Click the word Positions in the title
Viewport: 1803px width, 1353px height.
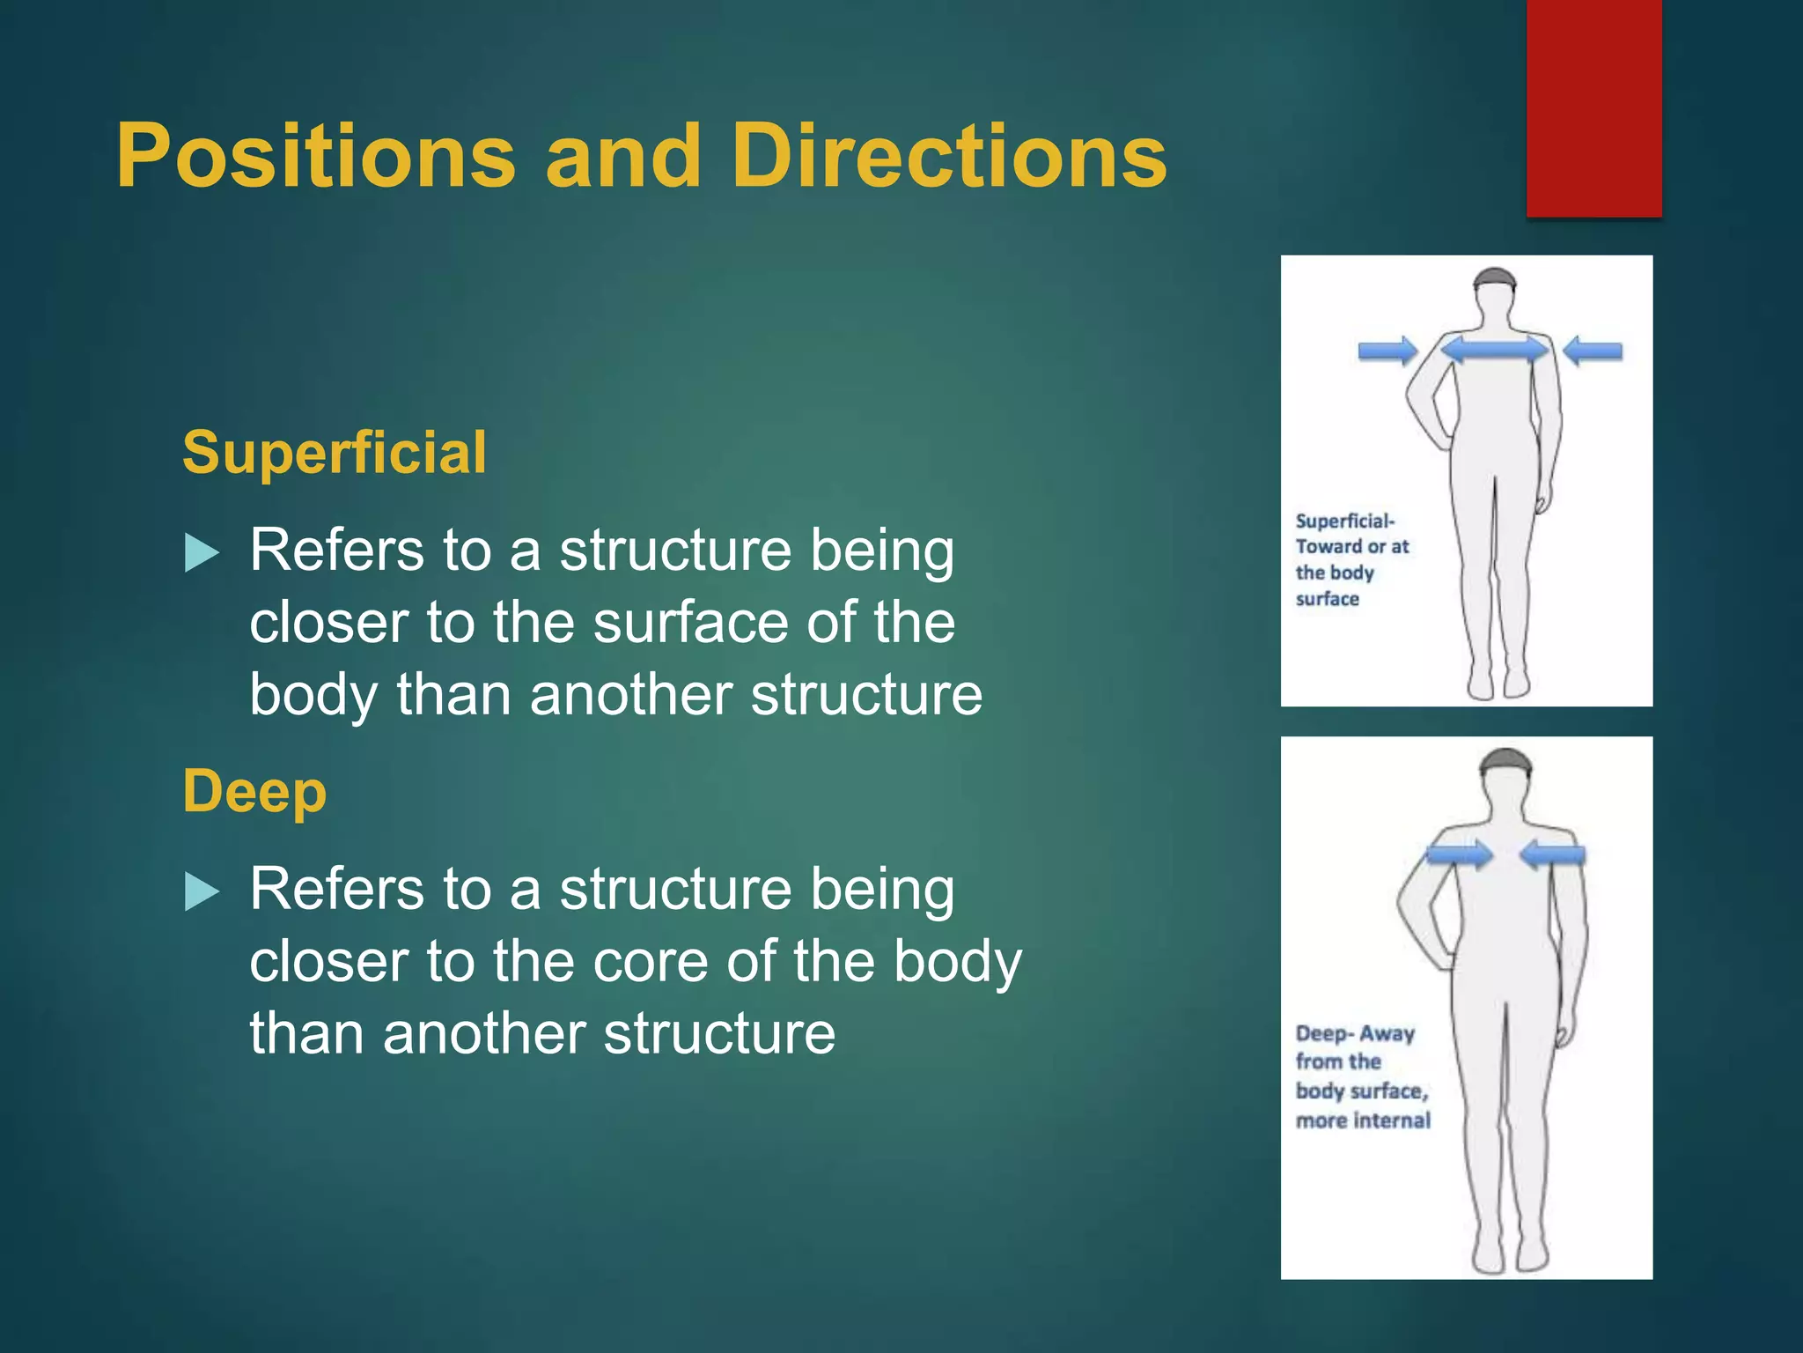[315, 157]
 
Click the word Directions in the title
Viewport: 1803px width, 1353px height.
[949, 157]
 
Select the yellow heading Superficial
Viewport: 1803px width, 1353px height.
[334, 453]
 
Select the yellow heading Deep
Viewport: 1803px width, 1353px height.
[254, 791]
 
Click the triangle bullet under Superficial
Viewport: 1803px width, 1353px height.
[202, 554]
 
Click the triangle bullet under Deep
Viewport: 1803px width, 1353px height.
[202, 891]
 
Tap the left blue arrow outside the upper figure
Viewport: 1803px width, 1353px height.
[1387, 351]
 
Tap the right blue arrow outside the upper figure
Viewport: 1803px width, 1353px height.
[1593, 351]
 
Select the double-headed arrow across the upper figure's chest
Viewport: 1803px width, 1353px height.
[1494, 350]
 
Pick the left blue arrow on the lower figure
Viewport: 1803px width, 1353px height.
[1459, 854]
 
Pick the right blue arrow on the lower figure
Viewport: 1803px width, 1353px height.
[1552, 854]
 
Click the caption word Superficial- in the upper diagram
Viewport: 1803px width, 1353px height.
[1344, 521]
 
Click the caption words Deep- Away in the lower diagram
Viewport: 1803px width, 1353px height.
[1355, 1033]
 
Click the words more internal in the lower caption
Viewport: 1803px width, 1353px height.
[1363, 1120]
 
